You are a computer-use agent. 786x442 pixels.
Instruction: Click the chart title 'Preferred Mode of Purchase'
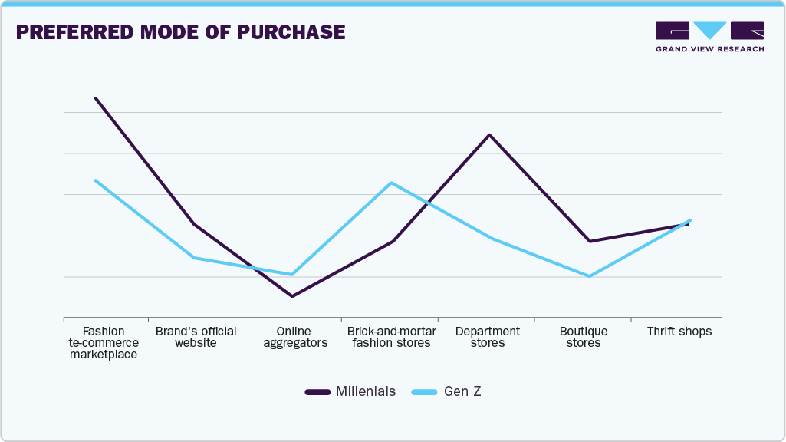click(180, 32)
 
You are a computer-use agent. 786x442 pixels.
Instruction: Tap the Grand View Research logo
click(709, 37)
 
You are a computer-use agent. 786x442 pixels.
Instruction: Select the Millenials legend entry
click(350, 391)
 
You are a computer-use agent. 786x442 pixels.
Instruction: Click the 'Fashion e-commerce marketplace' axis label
click(104, 343)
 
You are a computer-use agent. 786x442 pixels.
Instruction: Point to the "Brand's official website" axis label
click(196, 337)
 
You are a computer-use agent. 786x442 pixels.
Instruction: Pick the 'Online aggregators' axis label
click(295, 337)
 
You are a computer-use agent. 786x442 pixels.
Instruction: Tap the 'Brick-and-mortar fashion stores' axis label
click(391, 337)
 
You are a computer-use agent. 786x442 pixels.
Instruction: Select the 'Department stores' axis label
click(488, 337)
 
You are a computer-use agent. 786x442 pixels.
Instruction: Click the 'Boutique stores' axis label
click(584, 337)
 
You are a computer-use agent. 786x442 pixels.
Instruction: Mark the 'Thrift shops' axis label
click(679, 331)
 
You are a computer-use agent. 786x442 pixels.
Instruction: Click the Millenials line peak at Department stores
click(489, 135)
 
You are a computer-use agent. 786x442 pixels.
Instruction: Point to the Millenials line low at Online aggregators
click(292, 296)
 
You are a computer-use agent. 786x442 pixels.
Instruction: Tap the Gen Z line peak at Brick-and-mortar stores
click(391, 183)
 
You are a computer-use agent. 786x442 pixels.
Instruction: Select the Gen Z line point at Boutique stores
click(589, 276)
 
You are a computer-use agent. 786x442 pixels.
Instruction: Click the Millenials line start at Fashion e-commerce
click(96, 98)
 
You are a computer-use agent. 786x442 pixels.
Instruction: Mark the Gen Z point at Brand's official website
click(194, 258)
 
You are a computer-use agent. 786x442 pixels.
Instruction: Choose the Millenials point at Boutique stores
click(589, 242)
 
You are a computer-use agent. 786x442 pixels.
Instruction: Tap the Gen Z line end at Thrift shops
click(691, 220)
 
